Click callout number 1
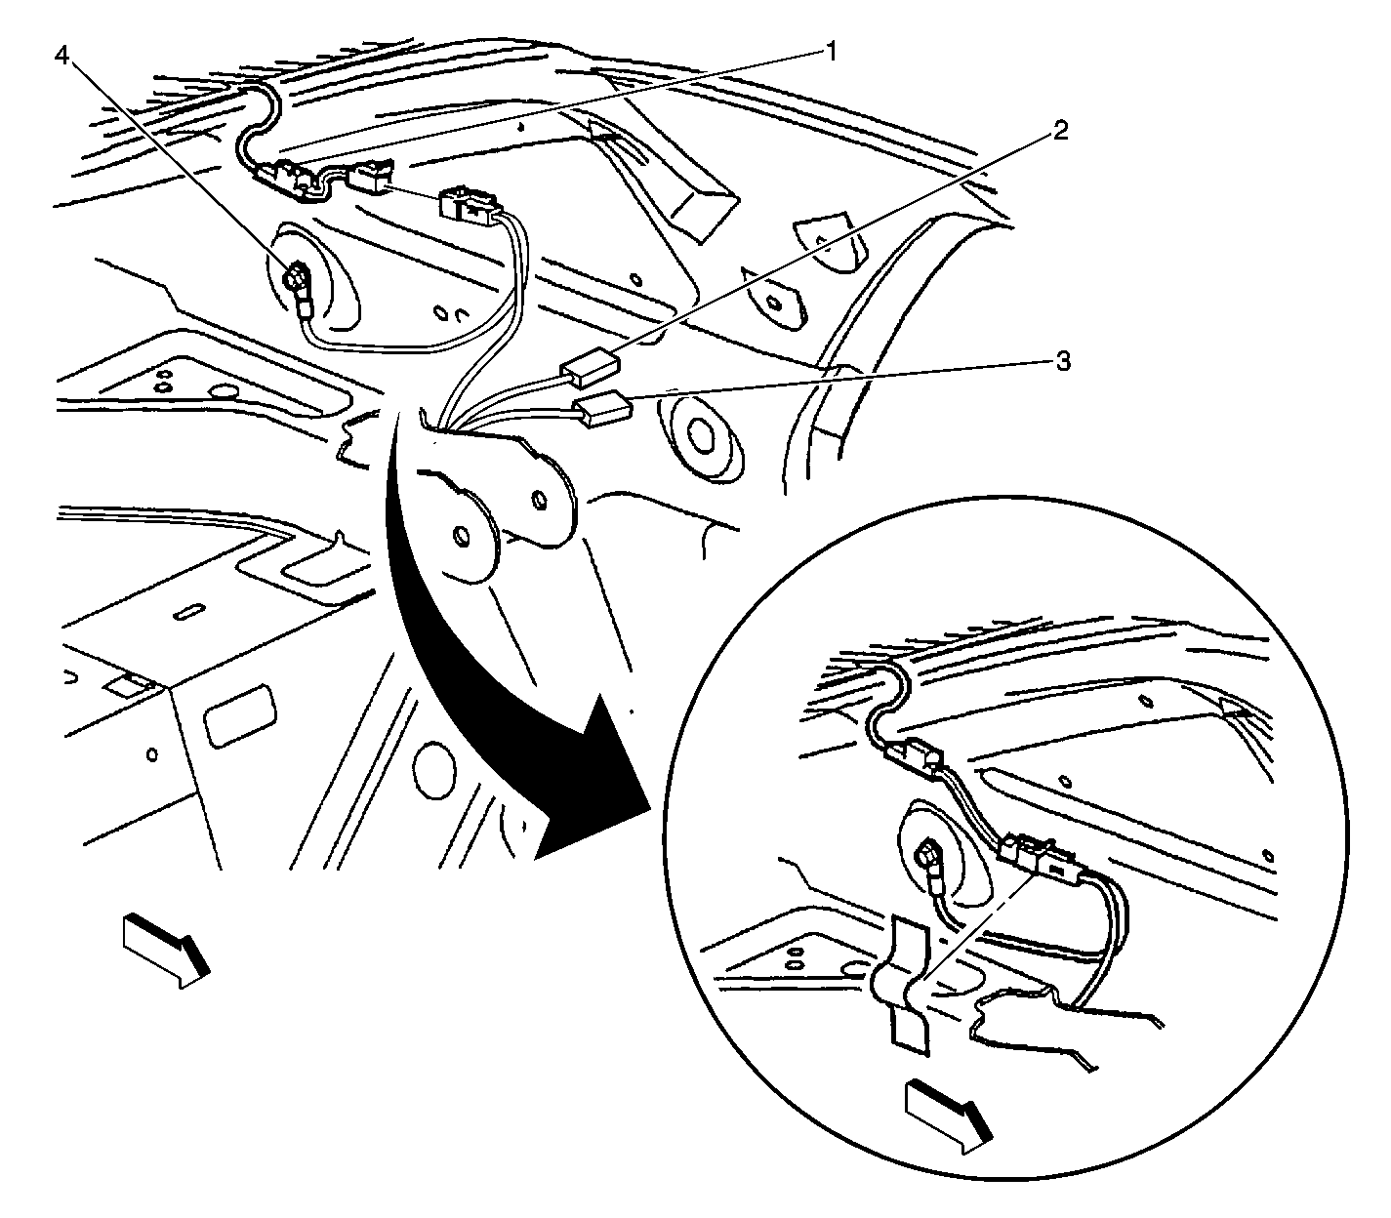[830, 51]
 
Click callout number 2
[1059, 129]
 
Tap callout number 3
[1063, 361]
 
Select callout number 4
[61, 57]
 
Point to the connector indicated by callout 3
[603, 409]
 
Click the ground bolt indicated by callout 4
[295, 279]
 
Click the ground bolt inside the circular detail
[927, 853]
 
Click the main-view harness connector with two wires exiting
[470, 206]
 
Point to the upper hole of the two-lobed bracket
[538, 501]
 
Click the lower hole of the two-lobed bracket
[461, 536]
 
